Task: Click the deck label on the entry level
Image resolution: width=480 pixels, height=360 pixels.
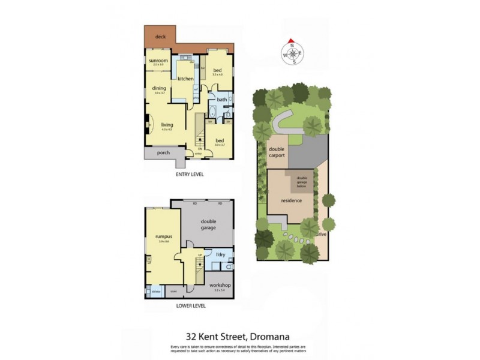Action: coord(160,37)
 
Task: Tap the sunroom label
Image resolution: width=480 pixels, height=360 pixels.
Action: coord(158,60)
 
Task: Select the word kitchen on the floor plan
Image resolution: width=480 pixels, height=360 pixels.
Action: coord(185,79)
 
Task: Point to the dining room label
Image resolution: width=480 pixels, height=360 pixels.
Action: coord(159,88)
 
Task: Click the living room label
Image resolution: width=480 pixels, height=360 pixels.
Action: coord(166,125)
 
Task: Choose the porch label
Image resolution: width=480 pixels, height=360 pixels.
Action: coord(163,152)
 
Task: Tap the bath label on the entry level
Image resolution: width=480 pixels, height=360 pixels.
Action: coord(222,100)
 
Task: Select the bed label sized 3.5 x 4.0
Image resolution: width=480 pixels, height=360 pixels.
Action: coord(217,70)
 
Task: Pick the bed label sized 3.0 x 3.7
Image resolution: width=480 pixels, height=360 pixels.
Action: coord(219,140)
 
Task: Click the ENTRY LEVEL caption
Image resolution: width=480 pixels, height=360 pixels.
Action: coord(190,175)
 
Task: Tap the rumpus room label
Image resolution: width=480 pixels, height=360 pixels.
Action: coord(163,237)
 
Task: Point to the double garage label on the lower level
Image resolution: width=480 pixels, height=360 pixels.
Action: coord(208,224)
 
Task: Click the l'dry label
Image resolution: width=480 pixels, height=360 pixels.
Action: coord(220,256)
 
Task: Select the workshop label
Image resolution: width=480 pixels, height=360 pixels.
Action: coord(219,286)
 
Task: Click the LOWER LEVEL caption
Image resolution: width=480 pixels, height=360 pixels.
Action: coord(191,305)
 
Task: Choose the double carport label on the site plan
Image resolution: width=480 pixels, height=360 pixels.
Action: coord(277,152)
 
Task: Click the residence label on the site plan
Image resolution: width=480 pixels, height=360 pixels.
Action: coord(291,201)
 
